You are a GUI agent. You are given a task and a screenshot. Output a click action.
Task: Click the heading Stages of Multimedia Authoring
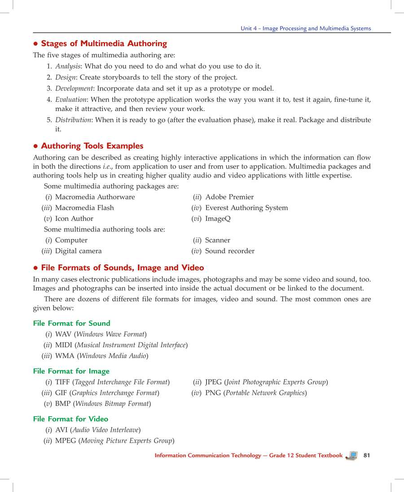tap(104, 44)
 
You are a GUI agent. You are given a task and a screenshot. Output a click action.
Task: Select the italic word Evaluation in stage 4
tap(70, 99)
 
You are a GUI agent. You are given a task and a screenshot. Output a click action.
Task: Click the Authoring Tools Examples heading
tap(92, 146)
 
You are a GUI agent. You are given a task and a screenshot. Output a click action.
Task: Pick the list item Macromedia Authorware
tap(95, 197)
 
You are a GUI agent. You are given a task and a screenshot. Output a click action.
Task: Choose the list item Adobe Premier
tap(229, 197)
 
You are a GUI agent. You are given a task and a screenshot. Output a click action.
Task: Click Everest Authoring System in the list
tap(246, 208)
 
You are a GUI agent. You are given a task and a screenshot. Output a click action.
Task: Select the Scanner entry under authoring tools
tap(217, 240)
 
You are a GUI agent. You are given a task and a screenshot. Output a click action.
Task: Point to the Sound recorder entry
tap(229, 251)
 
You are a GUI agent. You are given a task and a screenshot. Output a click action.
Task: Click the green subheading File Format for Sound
tap(71, 324)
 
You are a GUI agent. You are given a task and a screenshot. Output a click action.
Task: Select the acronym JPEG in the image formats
tap(213, 382)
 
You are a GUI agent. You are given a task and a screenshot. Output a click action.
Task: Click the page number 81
tap(367, 455)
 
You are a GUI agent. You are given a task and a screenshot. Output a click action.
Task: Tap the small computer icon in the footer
tap(352, 455)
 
